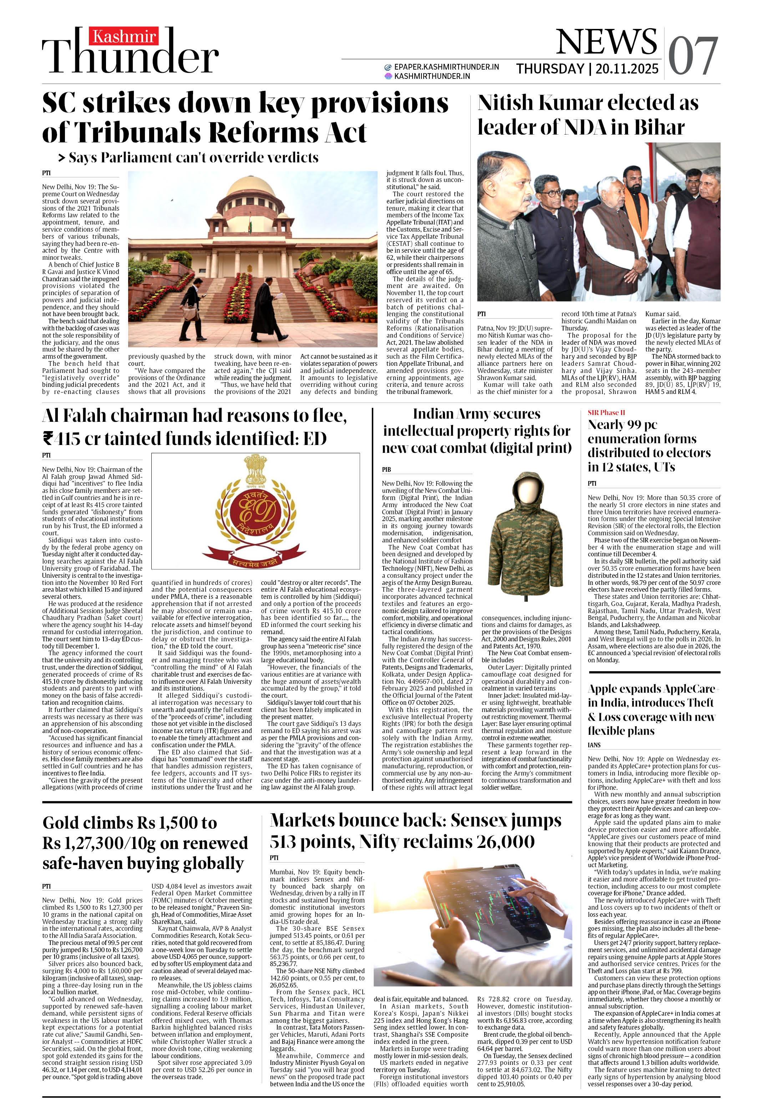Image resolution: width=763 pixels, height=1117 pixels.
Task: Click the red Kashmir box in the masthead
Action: pyautogui.click(x=123, y=36)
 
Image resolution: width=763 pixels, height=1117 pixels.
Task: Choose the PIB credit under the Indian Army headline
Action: pyautogui.click(x=386, y=470)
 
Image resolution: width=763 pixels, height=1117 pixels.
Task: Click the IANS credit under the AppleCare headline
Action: pyautogui.click(x=594, y=745)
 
